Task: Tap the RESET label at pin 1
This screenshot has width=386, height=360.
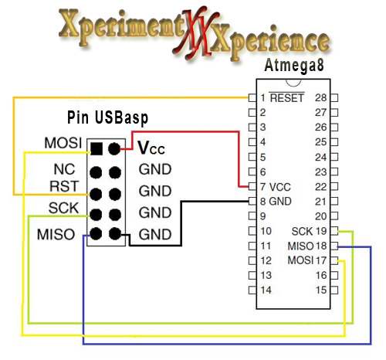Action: point(287,98)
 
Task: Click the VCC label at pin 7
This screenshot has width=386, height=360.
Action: point(280,187)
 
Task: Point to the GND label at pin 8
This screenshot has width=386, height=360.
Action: point(280,202)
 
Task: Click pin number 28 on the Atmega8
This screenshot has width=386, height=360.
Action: point(321,98)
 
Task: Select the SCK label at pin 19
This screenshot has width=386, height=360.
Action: point(302,231)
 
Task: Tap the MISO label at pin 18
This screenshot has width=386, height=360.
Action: point(299,246)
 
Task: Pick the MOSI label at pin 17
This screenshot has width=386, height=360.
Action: point(299,260)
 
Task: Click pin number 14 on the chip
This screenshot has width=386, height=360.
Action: point(265,290)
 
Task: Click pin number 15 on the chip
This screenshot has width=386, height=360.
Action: point(321,290)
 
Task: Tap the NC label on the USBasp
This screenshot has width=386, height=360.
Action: point(63,168)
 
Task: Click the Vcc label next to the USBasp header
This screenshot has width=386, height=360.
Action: point(151,147)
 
